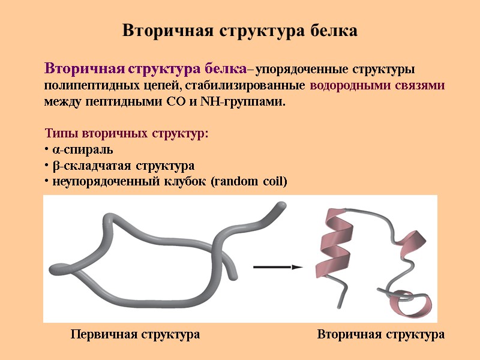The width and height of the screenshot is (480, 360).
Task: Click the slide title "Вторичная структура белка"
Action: [x=239, y=31]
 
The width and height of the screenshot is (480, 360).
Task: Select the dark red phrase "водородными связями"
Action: [x=377, y=85]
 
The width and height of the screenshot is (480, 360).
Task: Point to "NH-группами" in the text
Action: [x=254, y=101]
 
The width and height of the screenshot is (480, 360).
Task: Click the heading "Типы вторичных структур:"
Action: [x=127, y=133]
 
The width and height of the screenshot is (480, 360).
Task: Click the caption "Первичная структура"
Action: [x=135, y=334]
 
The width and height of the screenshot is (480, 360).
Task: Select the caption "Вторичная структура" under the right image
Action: [x=380, y=334]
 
